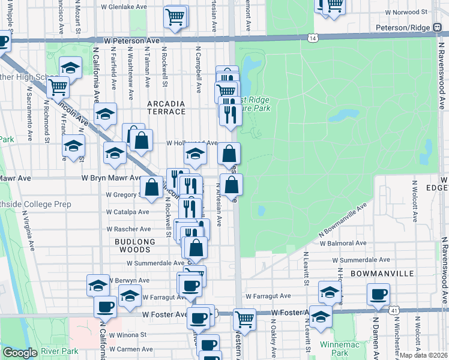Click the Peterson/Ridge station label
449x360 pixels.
(x=403, y=28)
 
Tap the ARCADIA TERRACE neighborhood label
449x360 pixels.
(x=166, y=107)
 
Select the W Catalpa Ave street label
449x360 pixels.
(x=127, y=212)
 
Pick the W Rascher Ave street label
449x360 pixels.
(x=128, y=229)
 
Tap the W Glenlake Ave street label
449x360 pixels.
(x=124, y=7)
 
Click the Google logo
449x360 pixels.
(x=20, y=353)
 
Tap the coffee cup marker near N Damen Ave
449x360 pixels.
(x=378, y=294)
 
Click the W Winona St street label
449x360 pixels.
(x=127, y=335)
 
